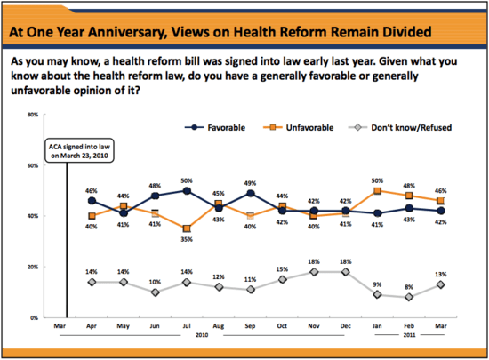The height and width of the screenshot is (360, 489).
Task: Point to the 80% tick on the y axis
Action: coord(31,115)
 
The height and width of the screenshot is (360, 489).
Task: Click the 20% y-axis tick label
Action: coord(31,267)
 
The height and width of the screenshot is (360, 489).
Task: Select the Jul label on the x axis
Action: coord(187,326)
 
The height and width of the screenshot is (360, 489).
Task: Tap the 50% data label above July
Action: coord(188,180)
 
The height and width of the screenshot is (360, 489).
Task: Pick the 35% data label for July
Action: coord(188,239)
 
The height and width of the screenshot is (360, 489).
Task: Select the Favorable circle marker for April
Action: coord(92,201)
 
